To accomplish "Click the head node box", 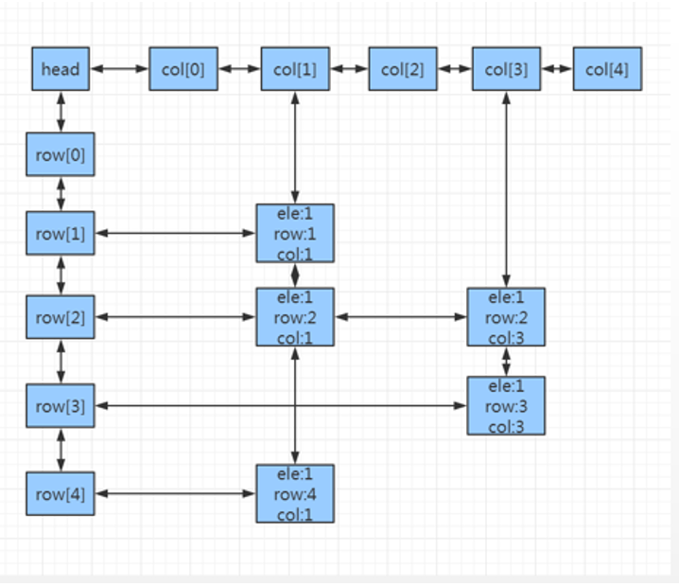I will pos(61,69).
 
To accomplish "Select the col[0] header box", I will pos(183,69).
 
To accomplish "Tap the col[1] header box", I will pos(295,69).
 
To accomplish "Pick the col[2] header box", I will pos(403,69).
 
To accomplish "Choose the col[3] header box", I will pos(507,69).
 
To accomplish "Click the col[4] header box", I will pos(607,69).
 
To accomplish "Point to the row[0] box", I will pos(61,155).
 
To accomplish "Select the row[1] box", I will pos(61,234).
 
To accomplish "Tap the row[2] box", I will pos(61,317).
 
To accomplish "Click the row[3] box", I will pos(61,406).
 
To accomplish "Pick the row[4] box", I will pos(61,493).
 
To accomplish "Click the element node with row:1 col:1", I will pos(295,233).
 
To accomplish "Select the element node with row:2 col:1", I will pos(295,316).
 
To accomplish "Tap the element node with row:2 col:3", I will pos(506,316).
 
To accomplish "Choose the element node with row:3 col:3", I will pos(506,405).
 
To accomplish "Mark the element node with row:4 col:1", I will pos(295,492).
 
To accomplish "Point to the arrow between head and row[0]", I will pos(61,113).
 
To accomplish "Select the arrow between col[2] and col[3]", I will pos(455,69).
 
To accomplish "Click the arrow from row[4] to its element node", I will pos(175,493).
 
